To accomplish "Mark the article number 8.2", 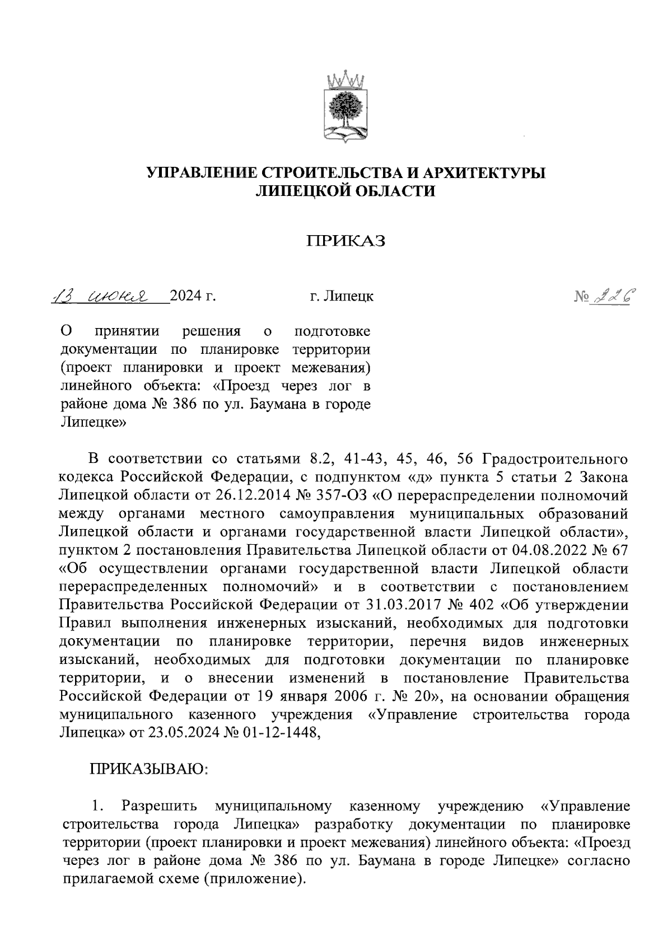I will coord(321,458).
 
